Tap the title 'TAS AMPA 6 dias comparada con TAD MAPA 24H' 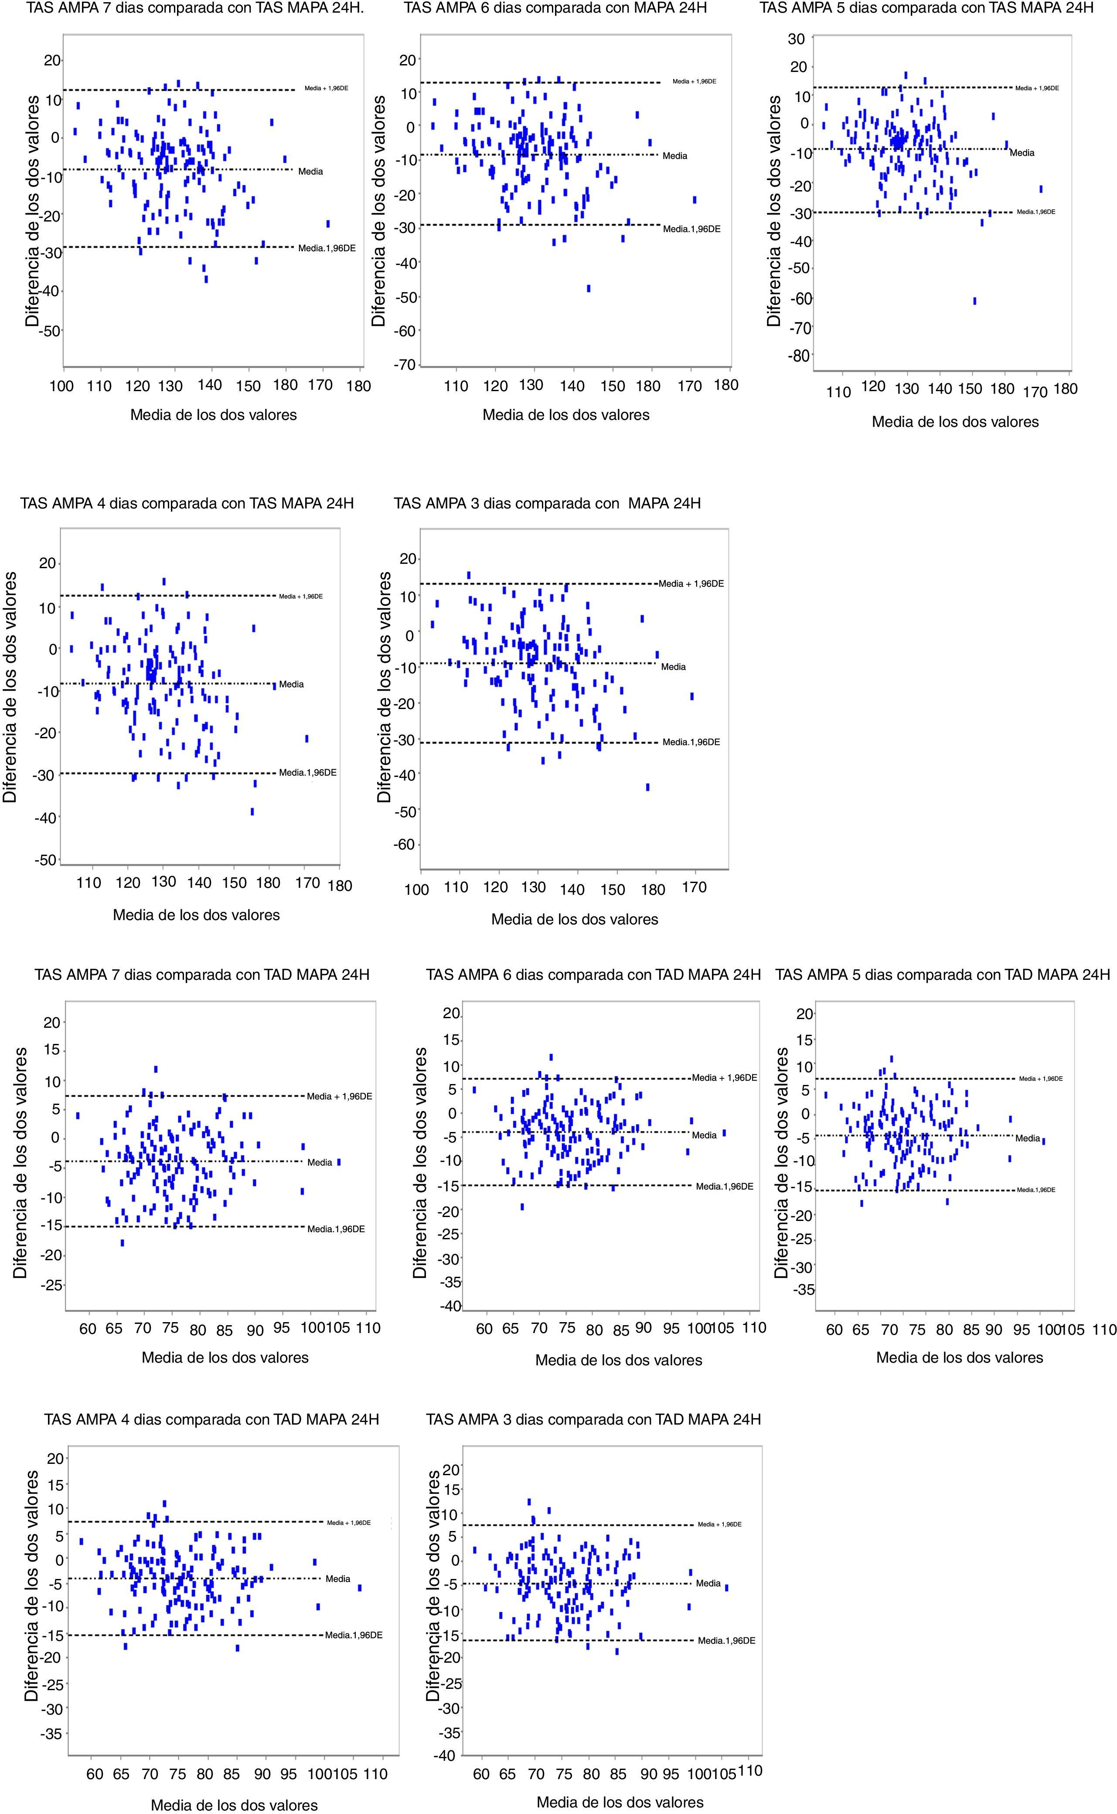[593, 975]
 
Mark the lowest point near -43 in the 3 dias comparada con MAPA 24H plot [648, 787]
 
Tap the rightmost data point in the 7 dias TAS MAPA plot [328, 223]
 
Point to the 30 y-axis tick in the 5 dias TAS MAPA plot [797, 39]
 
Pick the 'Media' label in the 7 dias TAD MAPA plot [320, 1162]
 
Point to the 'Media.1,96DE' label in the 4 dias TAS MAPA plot [307, 773]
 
